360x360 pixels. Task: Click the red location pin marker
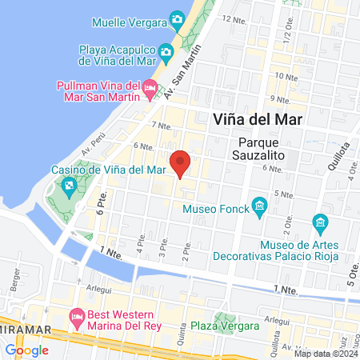click(x=181, y=162)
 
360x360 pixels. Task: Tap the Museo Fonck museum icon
click(x=259, y=207)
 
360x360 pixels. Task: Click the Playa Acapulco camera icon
click(x=166, y=53)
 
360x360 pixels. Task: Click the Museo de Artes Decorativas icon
click(x=320, y=221)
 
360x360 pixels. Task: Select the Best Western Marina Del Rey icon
click(x=78, y=316)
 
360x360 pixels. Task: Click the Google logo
click(x=26, y=350)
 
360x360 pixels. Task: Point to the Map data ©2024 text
click(x=325, y=353)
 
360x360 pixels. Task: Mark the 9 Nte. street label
click(x=278, y=98)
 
